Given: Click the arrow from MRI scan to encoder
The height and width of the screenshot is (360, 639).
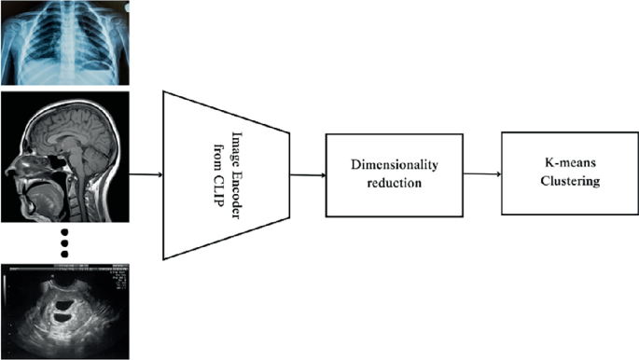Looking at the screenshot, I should (145, 174).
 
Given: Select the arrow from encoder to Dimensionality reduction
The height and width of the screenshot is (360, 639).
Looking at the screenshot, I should (307, 173).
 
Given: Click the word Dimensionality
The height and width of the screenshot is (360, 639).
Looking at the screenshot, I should (394, 164).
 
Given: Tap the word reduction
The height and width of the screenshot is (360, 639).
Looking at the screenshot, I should (394, 183).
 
